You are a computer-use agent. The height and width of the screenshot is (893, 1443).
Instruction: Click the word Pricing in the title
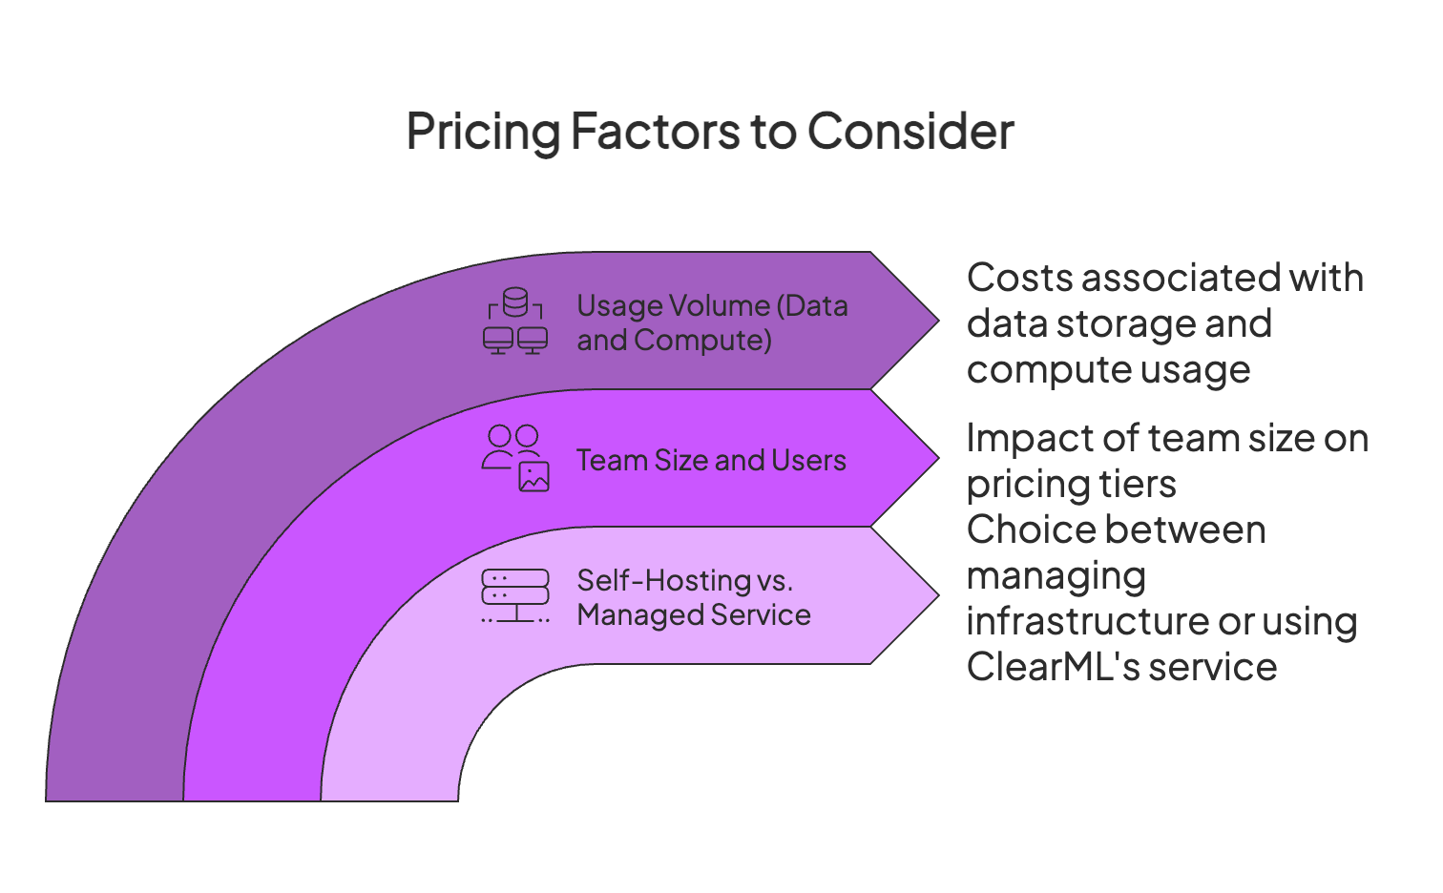click(483, 132)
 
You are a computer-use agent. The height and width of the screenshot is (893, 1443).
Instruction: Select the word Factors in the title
click(656, 132)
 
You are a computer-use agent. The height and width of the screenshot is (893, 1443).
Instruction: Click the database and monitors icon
click(515, 322)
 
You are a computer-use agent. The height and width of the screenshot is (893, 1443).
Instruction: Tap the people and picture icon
click(515, 459)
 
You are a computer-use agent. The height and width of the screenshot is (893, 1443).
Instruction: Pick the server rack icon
click(515, 596)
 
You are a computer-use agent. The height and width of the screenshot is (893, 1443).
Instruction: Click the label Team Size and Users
click(711, 460)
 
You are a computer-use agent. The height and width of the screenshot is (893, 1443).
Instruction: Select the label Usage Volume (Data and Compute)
click(712, 322)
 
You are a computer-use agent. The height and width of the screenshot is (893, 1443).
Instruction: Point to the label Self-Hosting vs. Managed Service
click(694, 597)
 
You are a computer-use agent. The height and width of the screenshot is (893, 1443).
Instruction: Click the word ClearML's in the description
click(1054, 667)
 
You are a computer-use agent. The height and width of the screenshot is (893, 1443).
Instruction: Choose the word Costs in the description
click(1018, 278)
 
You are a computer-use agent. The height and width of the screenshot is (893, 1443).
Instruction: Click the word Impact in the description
click(1027, 438)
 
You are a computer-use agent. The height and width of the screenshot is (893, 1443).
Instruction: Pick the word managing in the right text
click(1056, 577)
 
